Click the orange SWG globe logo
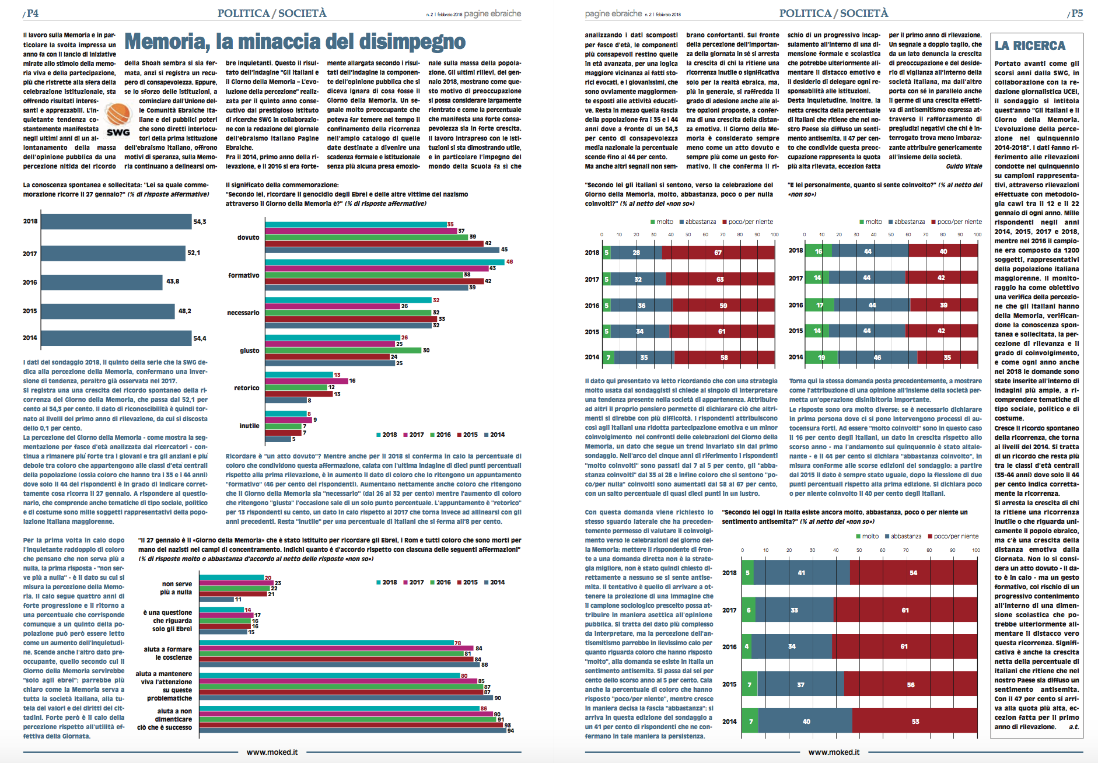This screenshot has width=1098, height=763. point(118,115)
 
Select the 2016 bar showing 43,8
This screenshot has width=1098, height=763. point(102,282)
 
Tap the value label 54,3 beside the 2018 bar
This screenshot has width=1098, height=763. point(200,222)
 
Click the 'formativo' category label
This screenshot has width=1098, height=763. point(244,275)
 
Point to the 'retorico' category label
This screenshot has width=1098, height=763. point(247,388)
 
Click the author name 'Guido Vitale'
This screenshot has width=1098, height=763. point(964,166)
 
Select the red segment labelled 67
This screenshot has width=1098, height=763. point(719,253)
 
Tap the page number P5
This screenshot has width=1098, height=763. point(1075,13)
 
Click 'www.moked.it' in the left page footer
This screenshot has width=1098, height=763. point(272,752)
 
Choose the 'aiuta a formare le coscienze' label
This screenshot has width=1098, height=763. point(167,653)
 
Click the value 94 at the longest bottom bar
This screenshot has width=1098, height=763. point(510,730)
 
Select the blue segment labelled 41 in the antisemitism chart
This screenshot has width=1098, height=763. point(802,573)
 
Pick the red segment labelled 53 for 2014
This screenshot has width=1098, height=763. point(915,722)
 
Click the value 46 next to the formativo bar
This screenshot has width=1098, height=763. point(509,262)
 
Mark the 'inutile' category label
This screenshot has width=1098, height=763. point(249,426)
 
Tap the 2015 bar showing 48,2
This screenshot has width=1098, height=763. point(108,311)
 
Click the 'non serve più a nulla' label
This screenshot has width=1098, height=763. point(176,588)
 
